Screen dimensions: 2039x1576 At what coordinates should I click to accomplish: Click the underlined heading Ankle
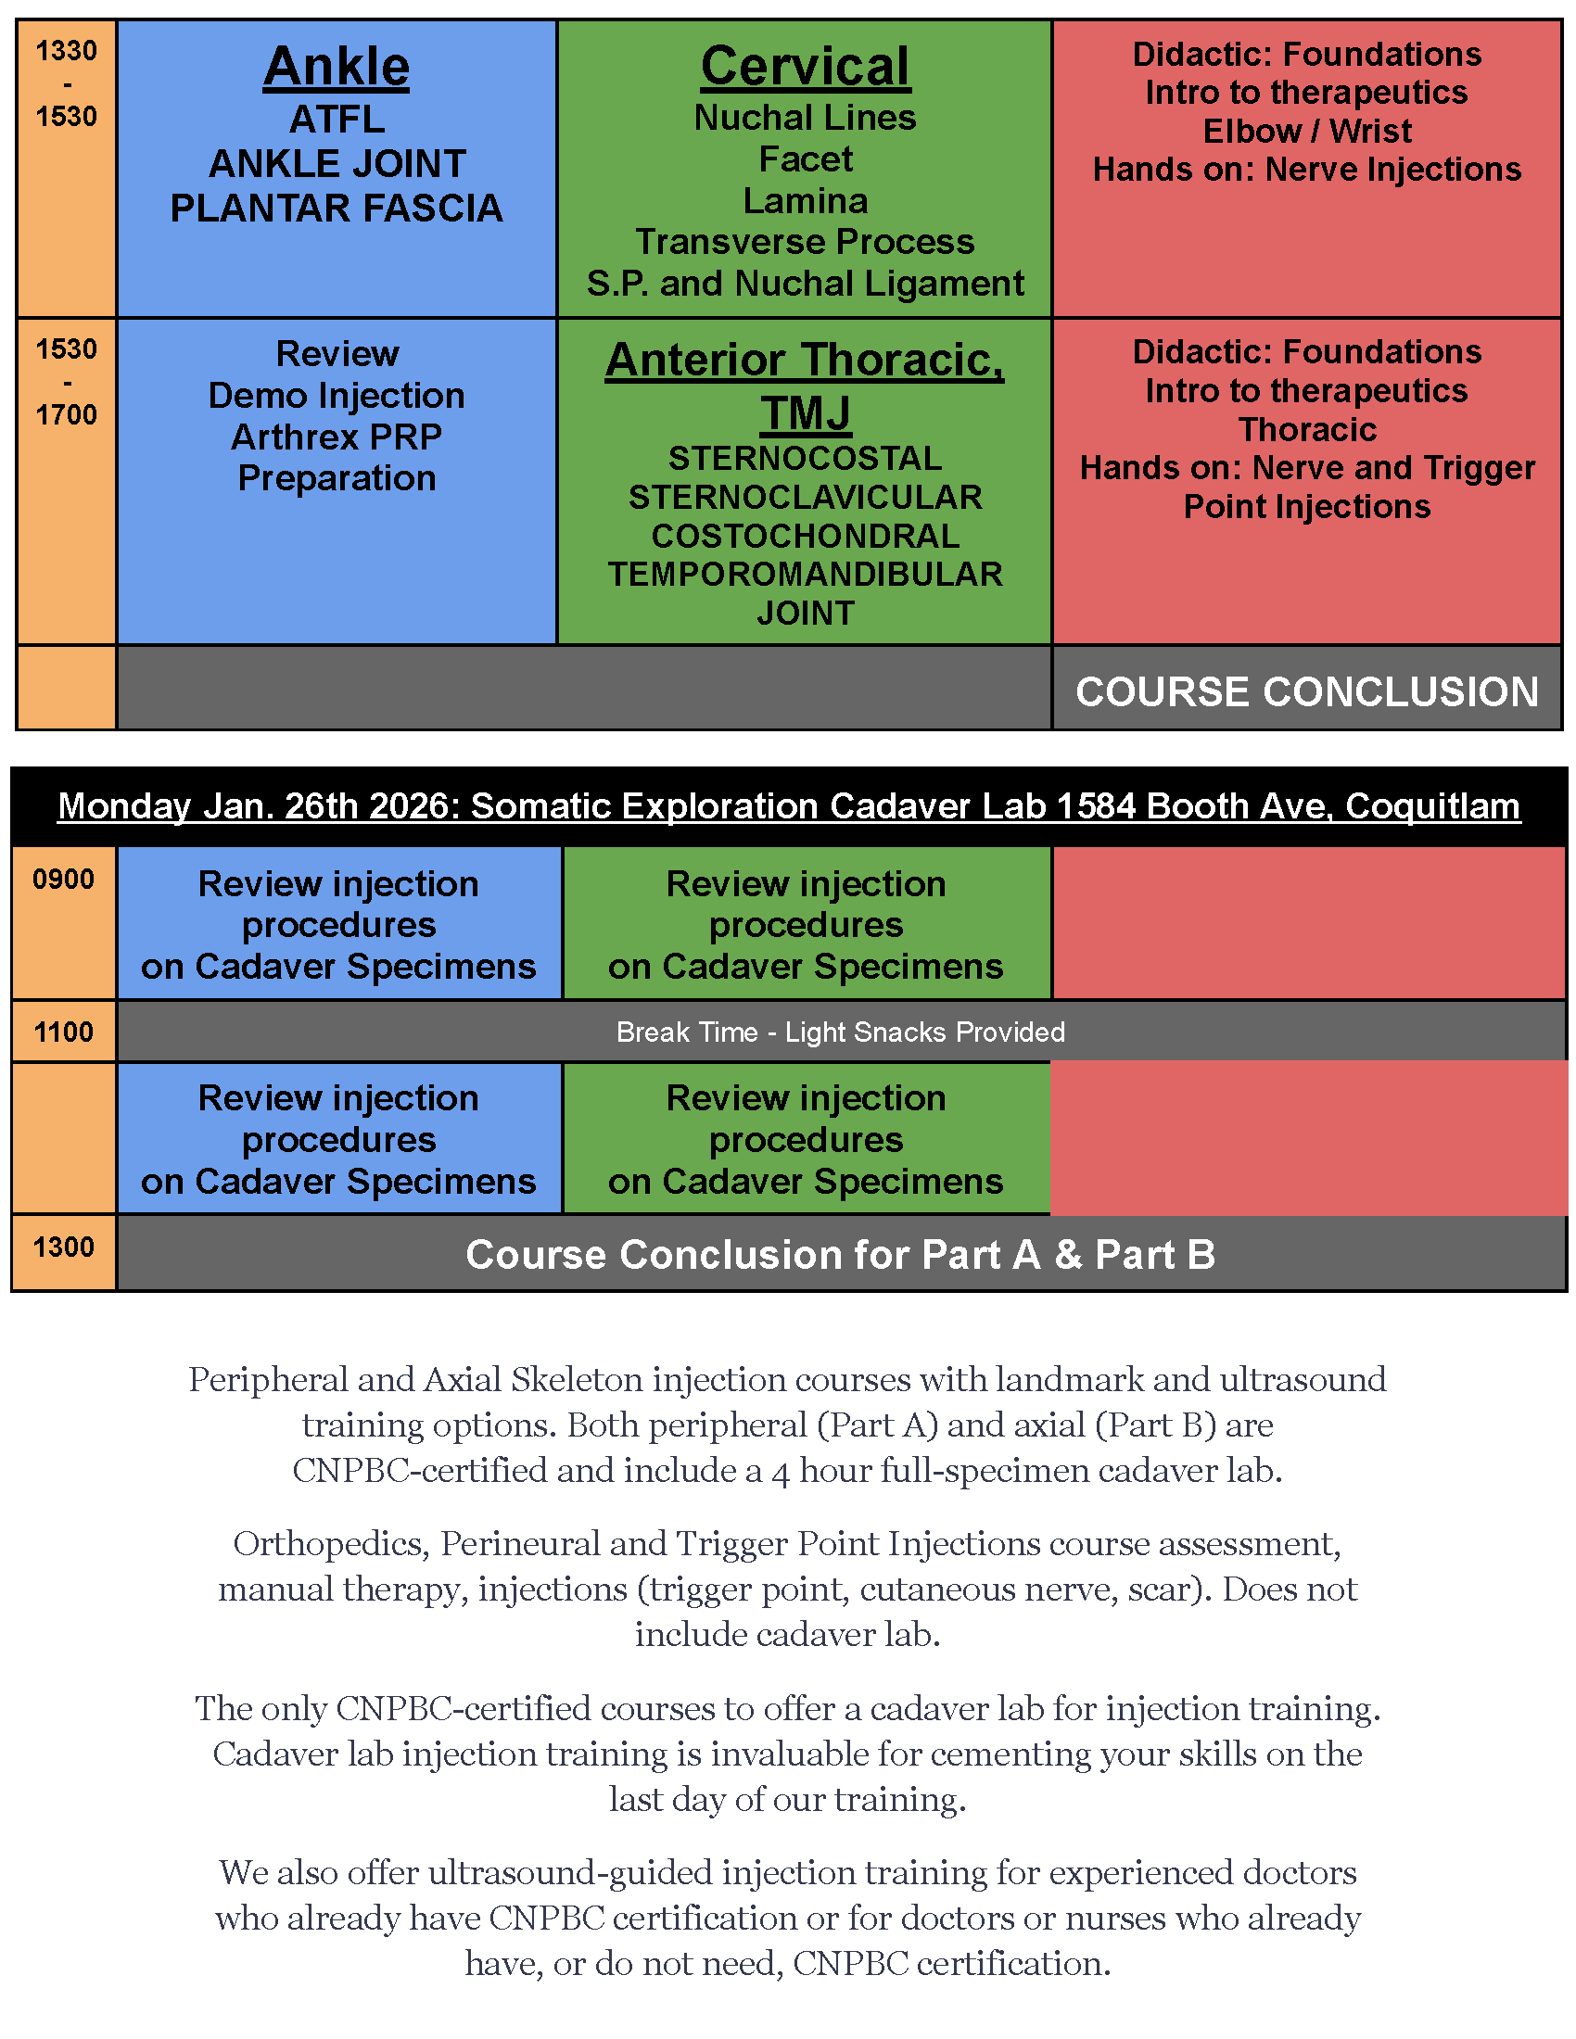pos(337,68)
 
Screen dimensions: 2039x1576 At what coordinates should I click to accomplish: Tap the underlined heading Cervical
pos(805,68)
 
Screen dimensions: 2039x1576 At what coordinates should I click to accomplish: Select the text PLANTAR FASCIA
pos(337,209)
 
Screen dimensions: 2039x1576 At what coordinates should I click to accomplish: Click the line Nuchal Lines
pos(805,118)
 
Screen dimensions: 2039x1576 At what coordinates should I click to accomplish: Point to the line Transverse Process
pos(805,242)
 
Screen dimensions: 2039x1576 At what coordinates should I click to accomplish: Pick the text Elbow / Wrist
pos(1306,131)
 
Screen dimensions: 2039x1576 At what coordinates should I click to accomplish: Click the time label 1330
pos(67,50)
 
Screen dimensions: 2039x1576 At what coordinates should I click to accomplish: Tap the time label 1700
pos(67,414)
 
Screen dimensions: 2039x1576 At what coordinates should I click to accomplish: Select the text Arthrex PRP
pos(337,437)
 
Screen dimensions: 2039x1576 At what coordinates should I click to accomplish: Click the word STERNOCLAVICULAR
pos(805,498)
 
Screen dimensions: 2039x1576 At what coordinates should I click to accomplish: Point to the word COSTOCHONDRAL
pos(805,536)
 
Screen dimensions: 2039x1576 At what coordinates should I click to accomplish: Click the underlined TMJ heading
pos(805,412)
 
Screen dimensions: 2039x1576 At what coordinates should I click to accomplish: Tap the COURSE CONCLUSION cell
pos(1306,691)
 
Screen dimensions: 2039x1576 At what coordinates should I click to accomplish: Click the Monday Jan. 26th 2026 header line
pos(789,805)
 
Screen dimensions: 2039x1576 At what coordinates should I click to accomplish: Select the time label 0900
pos(63,880)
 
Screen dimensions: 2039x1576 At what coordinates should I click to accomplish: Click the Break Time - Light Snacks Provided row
pos(840,1032)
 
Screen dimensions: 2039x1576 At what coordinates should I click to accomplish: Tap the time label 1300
pos(63,1247)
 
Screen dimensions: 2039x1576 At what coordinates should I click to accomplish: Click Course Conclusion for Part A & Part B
pos(840,1255)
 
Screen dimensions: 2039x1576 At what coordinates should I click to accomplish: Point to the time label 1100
pos(63,1032)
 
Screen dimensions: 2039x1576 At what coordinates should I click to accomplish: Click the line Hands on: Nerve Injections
pos(1306,170)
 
